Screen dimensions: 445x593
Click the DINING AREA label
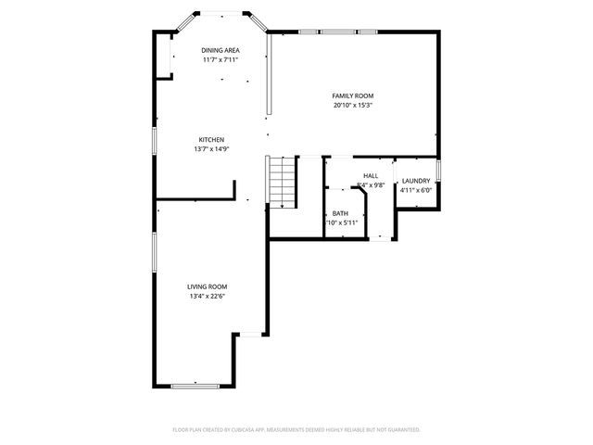coord(221,50)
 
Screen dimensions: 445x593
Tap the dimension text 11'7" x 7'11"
coord(221,59)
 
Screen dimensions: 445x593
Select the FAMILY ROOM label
coord(353,95)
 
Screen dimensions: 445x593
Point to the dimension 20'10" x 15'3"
coord(353,105)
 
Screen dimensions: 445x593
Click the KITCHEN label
coord(211,140)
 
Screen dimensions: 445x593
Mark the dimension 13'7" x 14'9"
coord(211,149)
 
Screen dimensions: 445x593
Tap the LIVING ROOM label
coord(208,287)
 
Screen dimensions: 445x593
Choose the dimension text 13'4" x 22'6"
coord(208,297)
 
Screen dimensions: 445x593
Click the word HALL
coord(371,175)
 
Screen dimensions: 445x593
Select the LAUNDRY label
coord(415,181)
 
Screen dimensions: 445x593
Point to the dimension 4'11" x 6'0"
coord(416,190)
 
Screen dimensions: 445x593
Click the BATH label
coord(340,213)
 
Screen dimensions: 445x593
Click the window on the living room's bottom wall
coord(193,386)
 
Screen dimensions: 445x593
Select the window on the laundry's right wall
coord(439,172)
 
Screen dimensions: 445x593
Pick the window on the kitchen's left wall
coord(154,141)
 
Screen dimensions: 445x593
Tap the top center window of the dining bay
coord(221,12)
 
